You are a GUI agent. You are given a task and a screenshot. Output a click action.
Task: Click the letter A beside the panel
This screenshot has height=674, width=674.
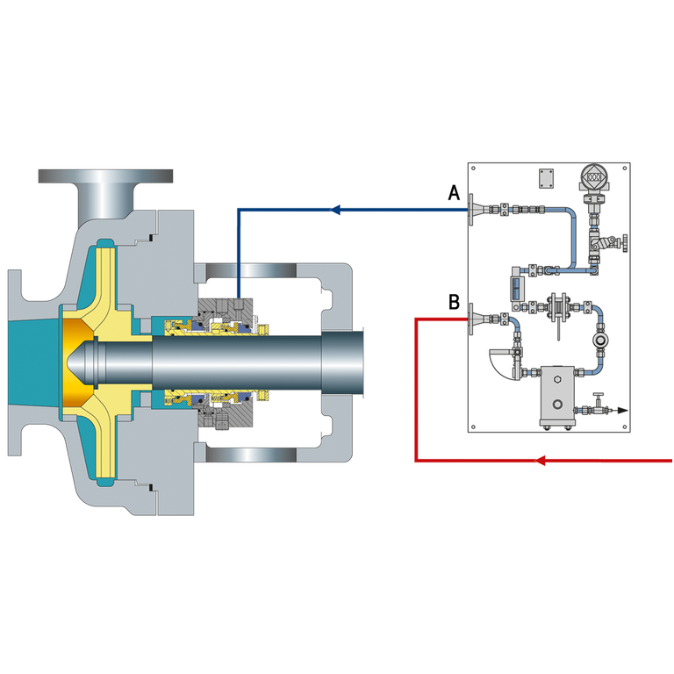[x=454, y=193]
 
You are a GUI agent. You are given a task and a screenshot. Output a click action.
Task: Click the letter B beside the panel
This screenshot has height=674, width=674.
[x=454, y=302]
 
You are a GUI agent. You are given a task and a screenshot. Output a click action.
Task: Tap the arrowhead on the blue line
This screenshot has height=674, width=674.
[x=335, y=210]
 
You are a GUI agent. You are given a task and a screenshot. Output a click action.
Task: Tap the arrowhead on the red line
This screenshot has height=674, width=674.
[x=540, y=461]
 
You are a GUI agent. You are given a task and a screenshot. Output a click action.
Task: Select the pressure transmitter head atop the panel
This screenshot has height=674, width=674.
[x=594, y=177]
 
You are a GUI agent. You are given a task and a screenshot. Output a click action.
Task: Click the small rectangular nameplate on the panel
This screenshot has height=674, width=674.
[x=547, y=178]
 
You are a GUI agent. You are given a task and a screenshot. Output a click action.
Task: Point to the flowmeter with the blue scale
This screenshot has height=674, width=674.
[x=516, y=288]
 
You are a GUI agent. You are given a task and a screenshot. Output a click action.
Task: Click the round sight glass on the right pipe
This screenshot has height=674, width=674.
[x=599, y=340]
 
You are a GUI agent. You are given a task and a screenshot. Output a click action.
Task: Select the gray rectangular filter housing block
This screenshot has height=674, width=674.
[x=557, y=396]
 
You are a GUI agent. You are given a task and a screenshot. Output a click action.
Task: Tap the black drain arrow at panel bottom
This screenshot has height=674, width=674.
[x=621, y=411]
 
